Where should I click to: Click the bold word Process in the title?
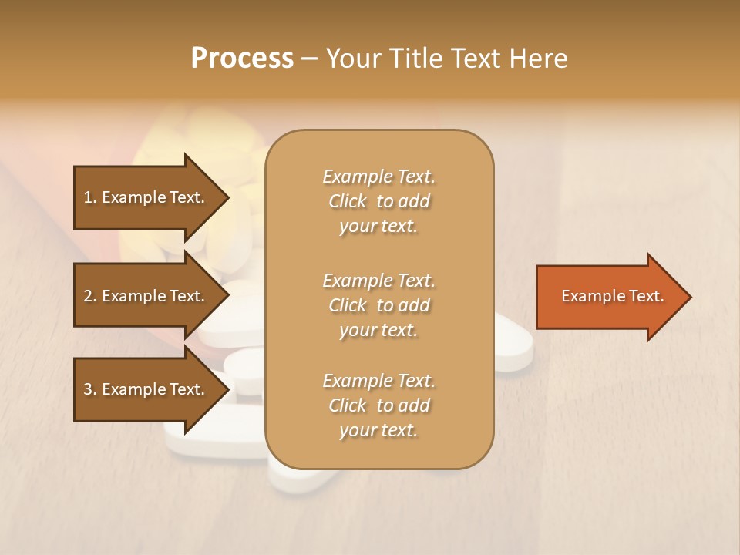(x=242, y=58)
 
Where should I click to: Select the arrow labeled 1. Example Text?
(x=146, y=197)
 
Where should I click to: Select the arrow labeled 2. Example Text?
(x=146, y=296)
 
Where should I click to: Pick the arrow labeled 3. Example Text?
(x=146, y=389)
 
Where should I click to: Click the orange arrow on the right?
(x=609, y=297)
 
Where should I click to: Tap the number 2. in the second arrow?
(x=90, y=296)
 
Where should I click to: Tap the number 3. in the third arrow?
(x=90, y=389)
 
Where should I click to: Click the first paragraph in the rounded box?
(x=378, y=201)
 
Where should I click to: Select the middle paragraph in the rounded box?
(x=378, y=305)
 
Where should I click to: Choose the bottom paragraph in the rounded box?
(x=378, y=405)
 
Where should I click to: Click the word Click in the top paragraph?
(x=348, y=201)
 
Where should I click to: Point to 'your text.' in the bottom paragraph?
(x=378, y=430)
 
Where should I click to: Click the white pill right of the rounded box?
(x=515, y=347)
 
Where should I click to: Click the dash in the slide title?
(x=309, y=59)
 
